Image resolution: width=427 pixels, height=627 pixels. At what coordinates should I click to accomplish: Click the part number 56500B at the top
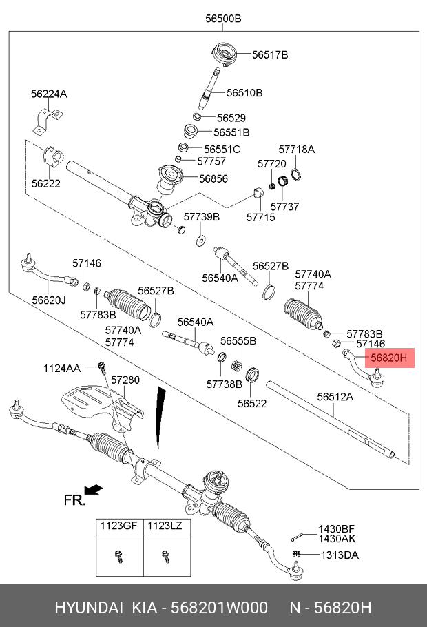(x=223, y=19)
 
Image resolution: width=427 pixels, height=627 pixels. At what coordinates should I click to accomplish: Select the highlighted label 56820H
(x=389, y=358)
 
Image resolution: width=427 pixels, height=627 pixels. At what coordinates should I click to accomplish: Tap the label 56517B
(x=269, y=54)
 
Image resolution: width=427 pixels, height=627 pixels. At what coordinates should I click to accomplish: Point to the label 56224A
(x=48, y=93)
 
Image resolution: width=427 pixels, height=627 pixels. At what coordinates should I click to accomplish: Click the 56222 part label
(x=45, y=184)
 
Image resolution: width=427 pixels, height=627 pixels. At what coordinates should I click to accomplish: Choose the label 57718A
(x=296, y=149)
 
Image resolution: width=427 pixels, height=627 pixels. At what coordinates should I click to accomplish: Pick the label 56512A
(x=335, y=397)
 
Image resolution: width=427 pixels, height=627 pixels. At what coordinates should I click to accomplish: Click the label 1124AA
(x=62, y=369)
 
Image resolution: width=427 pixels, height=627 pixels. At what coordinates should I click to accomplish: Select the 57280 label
(x=125, y=380)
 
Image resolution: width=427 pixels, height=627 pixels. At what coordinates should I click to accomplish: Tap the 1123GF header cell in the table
(x=119, y=526)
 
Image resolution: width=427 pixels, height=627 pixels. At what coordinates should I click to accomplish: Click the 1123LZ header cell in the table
(x=167, y=526)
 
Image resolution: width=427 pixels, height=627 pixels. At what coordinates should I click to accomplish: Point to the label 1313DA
(x=338, y=555)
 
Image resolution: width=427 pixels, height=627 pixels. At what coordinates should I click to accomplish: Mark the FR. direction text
(x=75, y=500)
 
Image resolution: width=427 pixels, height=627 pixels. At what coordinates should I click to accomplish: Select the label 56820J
(x=48, y=300)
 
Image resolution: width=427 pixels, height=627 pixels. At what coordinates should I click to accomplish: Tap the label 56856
(x=213, y=178)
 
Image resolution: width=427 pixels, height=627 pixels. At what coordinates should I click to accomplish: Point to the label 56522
(x=252, y=404)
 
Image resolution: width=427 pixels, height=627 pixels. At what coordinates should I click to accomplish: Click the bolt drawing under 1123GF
(x=118, y=553)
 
